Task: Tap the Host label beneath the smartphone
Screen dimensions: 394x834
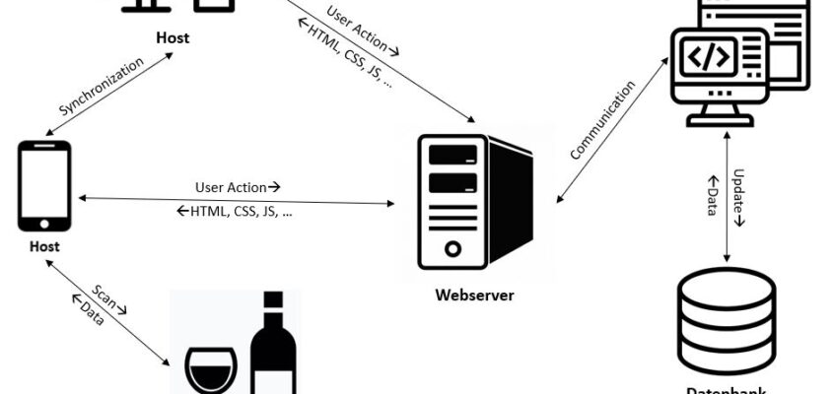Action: point(44,246)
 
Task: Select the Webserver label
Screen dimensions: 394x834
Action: point(474,295)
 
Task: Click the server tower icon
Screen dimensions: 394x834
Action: point(474,203)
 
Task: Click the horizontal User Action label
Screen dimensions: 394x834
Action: point(238,186)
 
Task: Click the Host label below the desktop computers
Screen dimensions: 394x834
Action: point(173,38)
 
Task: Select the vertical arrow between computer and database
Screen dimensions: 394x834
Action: point(728,197)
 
